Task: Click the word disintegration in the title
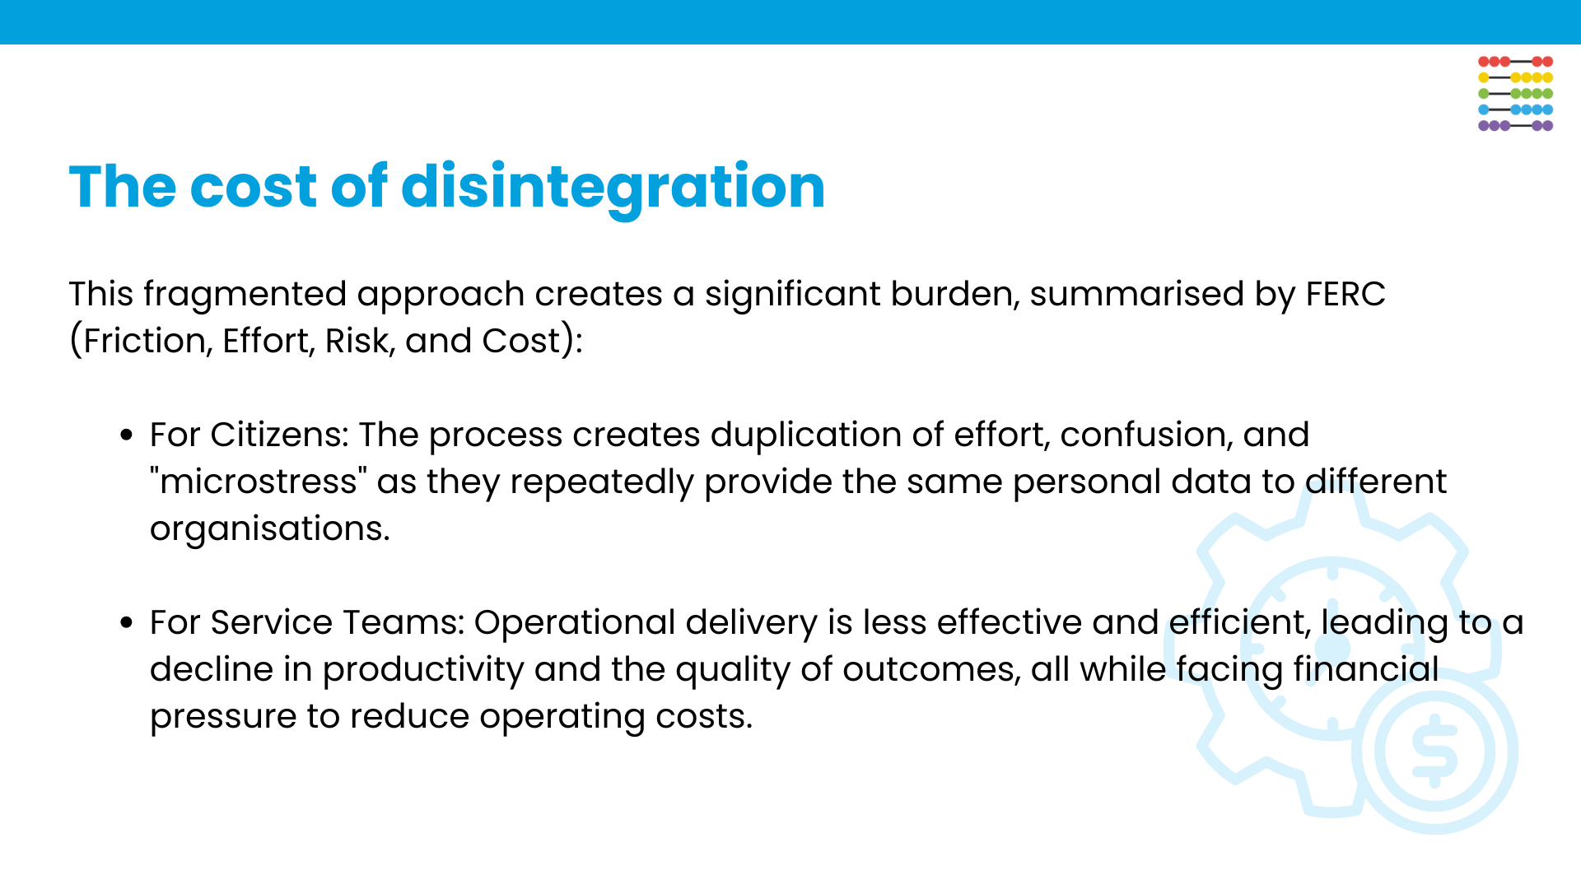pos(613,187)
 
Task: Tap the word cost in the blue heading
pos(253,187)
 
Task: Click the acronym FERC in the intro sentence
pos(1345,294)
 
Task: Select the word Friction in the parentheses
pos(144,341)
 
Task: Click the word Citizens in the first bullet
pos(278,435)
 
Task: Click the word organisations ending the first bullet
pos(268,528)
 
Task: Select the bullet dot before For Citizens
pos(126,435)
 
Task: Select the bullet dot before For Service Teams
pos(126,623)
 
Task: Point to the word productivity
pos(422,670)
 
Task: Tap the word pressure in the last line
pos(223,717)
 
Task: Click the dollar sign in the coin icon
pos(1434,750)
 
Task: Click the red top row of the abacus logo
pos(1515,62)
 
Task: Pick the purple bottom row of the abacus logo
pos(1515,126)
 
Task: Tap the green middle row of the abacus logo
pos(1515,94)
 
